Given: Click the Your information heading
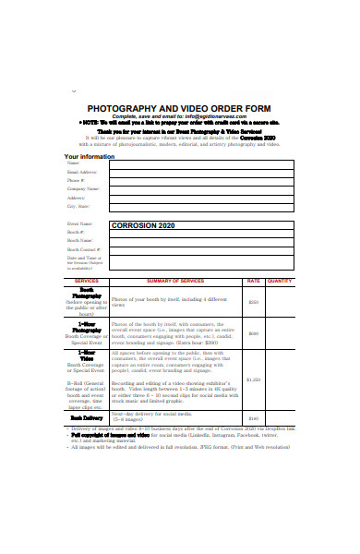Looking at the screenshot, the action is tap(89, 156).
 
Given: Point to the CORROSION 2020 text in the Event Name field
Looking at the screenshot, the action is tap(141, 225).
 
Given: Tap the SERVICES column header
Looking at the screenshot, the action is tap(86, 281).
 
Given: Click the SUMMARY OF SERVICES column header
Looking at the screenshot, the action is tap(175, 281).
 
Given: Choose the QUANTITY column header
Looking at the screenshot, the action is tap(280, 281).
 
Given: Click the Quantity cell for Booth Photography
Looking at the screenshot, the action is tap(280, 301).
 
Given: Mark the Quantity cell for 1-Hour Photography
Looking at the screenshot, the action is tap(280, 333).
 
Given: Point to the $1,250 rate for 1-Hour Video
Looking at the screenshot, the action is tap(253, 379).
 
